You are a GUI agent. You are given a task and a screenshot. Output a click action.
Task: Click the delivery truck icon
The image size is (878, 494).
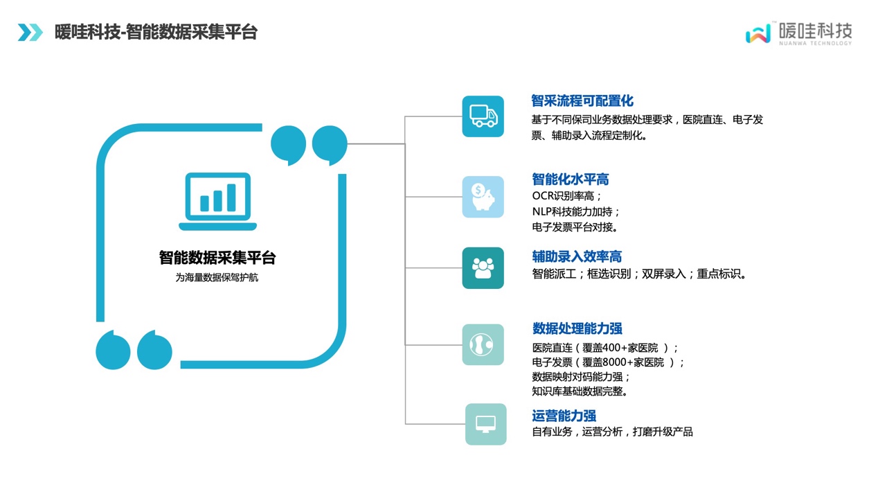tap(483, 116)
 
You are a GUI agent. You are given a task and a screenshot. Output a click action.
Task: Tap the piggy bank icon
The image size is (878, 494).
tap(483, 197)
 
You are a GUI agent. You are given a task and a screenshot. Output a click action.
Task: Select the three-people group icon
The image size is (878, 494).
tap(483, 268)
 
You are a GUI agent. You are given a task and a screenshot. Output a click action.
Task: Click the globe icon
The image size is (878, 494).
tap(482, 344)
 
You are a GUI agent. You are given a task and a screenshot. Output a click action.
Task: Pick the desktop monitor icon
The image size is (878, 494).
tap(485, 424)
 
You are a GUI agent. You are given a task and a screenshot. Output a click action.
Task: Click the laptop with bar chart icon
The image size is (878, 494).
tap(218, 202)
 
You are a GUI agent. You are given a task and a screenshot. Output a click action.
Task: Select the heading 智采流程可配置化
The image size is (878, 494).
tap(582, 101)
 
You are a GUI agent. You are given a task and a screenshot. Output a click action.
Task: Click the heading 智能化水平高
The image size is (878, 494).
tap(571, 179)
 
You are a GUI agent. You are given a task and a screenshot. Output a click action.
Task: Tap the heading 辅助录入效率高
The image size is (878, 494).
tap(577, 257)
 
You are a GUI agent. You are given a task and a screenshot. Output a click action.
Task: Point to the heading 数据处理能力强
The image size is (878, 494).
tap(577, 328)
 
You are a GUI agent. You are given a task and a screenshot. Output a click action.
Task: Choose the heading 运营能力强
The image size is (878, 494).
tap(564, 416)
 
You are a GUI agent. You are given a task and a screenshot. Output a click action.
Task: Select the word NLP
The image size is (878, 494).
tap(541, 212)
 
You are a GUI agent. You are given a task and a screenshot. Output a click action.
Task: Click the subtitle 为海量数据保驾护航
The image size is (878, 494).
tap(217, 278)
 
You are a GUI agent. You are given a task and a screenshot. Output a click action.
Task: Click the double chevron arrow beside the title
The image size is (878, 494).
tap(30, 32)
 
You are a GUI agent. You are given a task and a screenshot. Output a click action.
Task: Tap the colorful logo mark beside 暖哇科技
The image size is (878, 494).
tap(758, 33)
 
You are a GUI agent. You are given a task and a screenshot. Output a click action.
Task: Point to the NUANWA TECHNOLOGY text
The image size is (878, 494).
tap(815, 43)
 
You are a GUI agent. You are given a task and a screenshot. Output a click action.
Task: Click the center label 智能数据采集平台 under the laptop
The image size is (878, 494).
tap(217, 258)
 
